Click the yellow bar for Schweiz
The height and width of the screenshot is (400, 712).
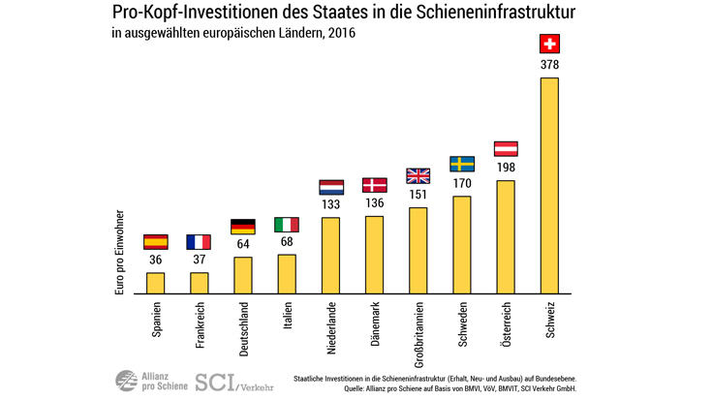pos(548,185)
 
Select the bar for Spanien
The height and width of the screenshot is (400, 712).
pos(155,283)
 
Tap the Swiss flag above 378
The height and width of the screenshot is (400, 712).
pos(548,45)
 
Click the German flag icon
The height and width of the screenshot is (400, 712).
pos(243,227)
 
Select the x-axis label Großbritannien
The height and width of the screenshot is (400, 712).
pos(418,332)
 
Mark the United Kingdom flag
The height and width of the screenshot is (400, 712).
pos(418,175)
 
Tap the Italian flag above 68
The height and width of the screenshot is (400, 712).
pos(287,225)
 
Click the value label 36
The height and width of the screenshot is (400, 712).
pos(155,260)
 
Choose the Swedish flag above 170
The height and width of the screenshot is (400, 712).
pos(461,164)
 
